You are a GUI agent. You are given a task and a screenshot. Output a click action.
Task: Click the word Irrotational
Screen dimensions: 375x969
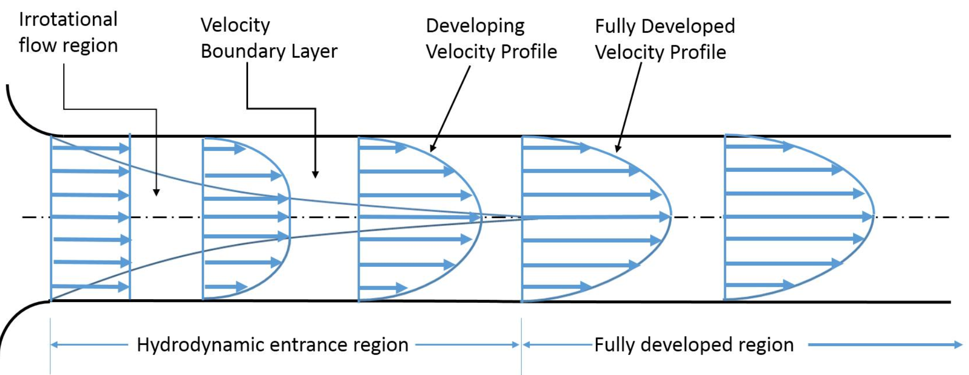68,20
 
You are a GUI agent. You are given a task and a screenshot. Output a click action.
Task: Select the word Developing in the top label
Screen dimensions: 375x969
475,26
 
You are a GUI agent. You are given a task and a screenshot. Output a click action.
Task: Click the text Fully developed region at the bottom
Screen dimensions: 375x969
694,345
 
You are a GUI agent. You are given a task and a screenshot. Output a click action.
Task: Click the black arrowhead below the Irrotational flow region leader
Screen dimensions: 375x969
156,192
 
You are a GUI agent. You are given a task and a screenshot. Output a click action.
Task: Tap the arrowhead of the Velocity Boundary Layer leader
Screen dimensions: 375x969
315,174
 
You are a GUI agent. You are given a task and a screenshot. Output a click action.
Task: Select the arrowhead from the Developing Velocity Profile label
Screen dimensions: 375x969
433,149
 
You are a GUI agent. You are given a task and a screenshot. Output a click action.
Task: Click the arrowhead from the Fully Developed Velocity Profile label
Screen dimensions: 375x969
618,149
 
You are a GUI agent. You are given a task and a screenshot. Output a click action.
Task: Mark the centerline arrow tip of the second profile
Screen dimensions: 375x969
285,217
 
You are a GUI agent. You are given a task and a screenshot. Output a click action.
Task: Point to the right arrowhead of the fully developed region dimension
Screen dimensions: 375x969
958,345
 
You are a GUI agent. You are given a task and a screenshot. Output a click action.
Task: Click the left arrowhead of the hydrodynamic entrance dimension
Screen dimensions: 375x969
55,345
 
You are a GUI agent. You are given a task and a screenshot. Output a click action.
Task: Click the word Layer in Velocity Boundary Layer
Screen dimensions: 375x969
314,51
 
